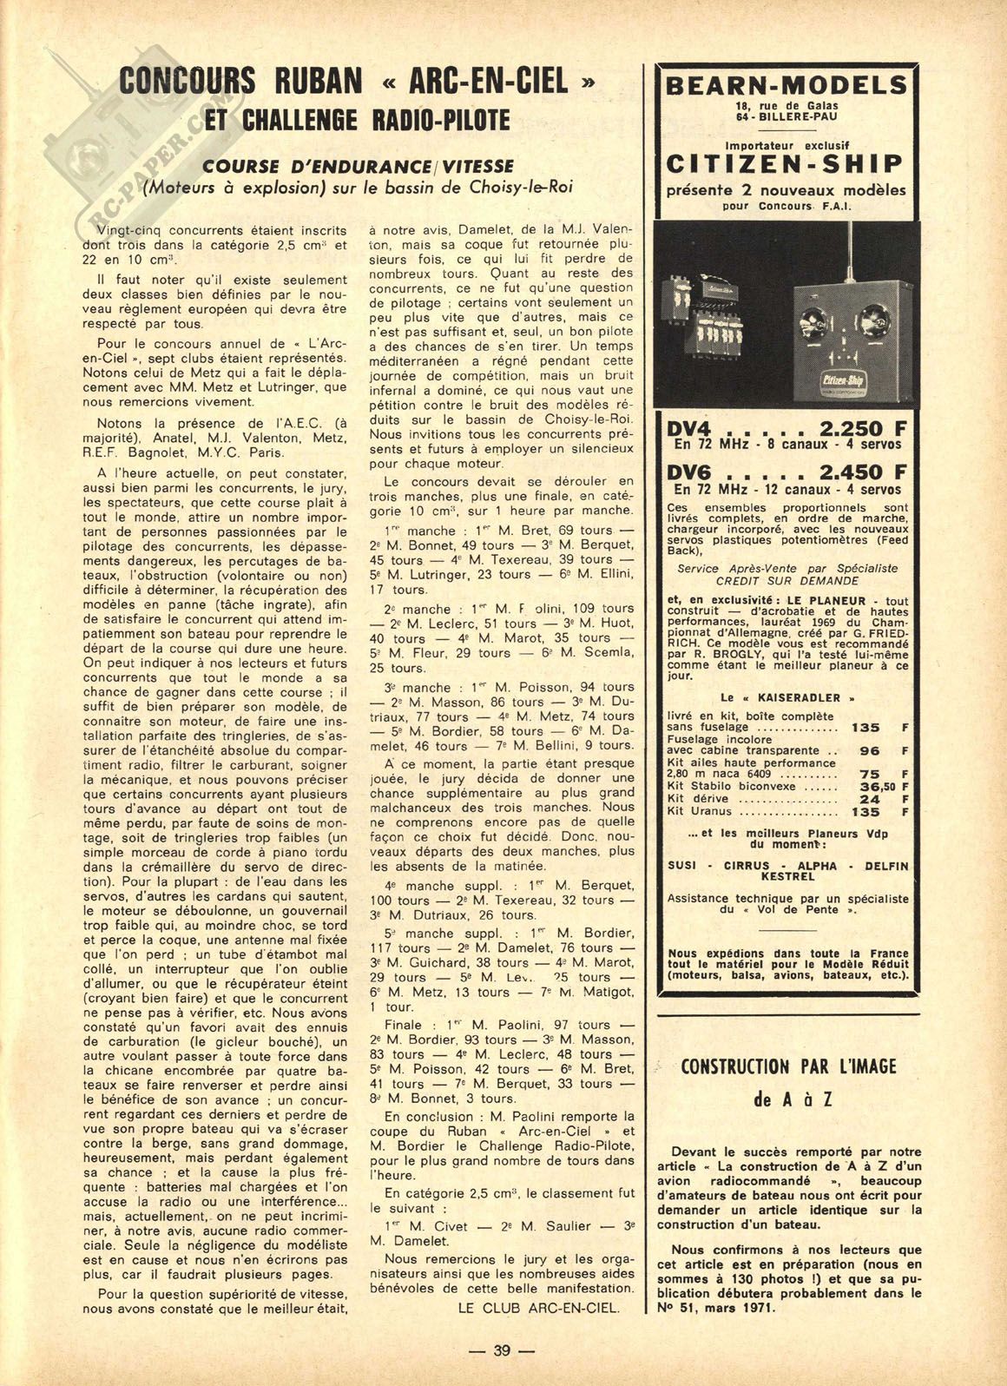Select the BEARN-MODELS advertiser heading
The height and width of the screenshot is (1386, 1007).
(785, 85)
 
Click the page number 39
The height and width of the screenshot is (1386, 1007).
(503, 1350)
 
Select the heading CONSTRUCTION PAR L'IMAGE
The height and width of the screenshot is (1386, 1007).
(788, 1066)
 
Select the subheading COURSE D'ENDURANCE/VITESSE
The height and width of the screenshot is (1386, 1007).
(359, 165)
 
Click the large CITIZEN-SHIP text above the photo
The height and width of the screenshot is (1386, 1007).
(785, 163)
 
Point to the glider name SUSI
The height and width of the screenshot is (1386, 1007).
(684, 866)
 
